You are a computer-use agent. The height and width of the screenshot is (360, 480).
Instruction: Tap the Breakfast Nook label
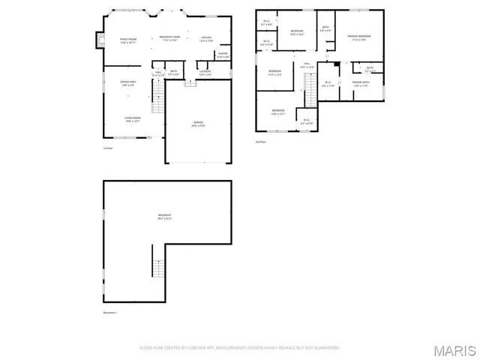pyautogui.click(x=171, y=38)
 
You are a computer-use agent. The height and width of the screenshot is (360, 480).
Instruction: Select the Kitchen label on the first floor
pyautogui.click(x=206, y=38)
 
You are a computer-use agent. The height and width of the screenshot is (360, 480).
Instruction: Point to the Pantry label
pyautogui.click(x=223, y=55)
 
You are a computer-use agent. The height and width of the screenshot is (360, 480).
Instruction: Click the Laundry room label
pyautogui.click(x=205, y=73)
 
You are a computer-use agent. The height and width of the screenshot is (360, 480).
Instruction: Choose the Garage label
pyautogui.click(x=198, y=124)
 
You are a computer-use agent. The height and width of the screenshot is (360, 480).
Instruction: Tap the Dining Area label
pyautogui.click(x=128, y=82)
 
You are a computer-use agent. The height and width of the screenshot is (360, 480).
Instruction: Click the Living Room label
pyautogui.click(x=133, y=119)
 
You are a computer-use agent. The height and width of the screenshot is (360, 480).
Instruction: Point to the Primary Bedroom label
pyautogui.click(x=359, y=37)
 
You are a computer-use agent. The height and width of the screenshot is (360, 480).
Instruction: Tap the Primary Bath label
pyautogui.click(x=362, y=84)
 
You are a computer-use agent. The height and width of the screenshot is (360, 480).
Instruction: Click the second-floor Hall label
pyautogui.click(x=305, y=67)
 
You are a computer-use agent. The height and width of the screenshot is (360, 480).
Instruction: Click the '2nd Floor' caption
pyautogui.click(x=260, y=141)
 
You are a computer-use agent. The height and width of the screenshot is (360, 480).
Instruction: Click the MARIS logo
pyautogui.click(x=454, y=350)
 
